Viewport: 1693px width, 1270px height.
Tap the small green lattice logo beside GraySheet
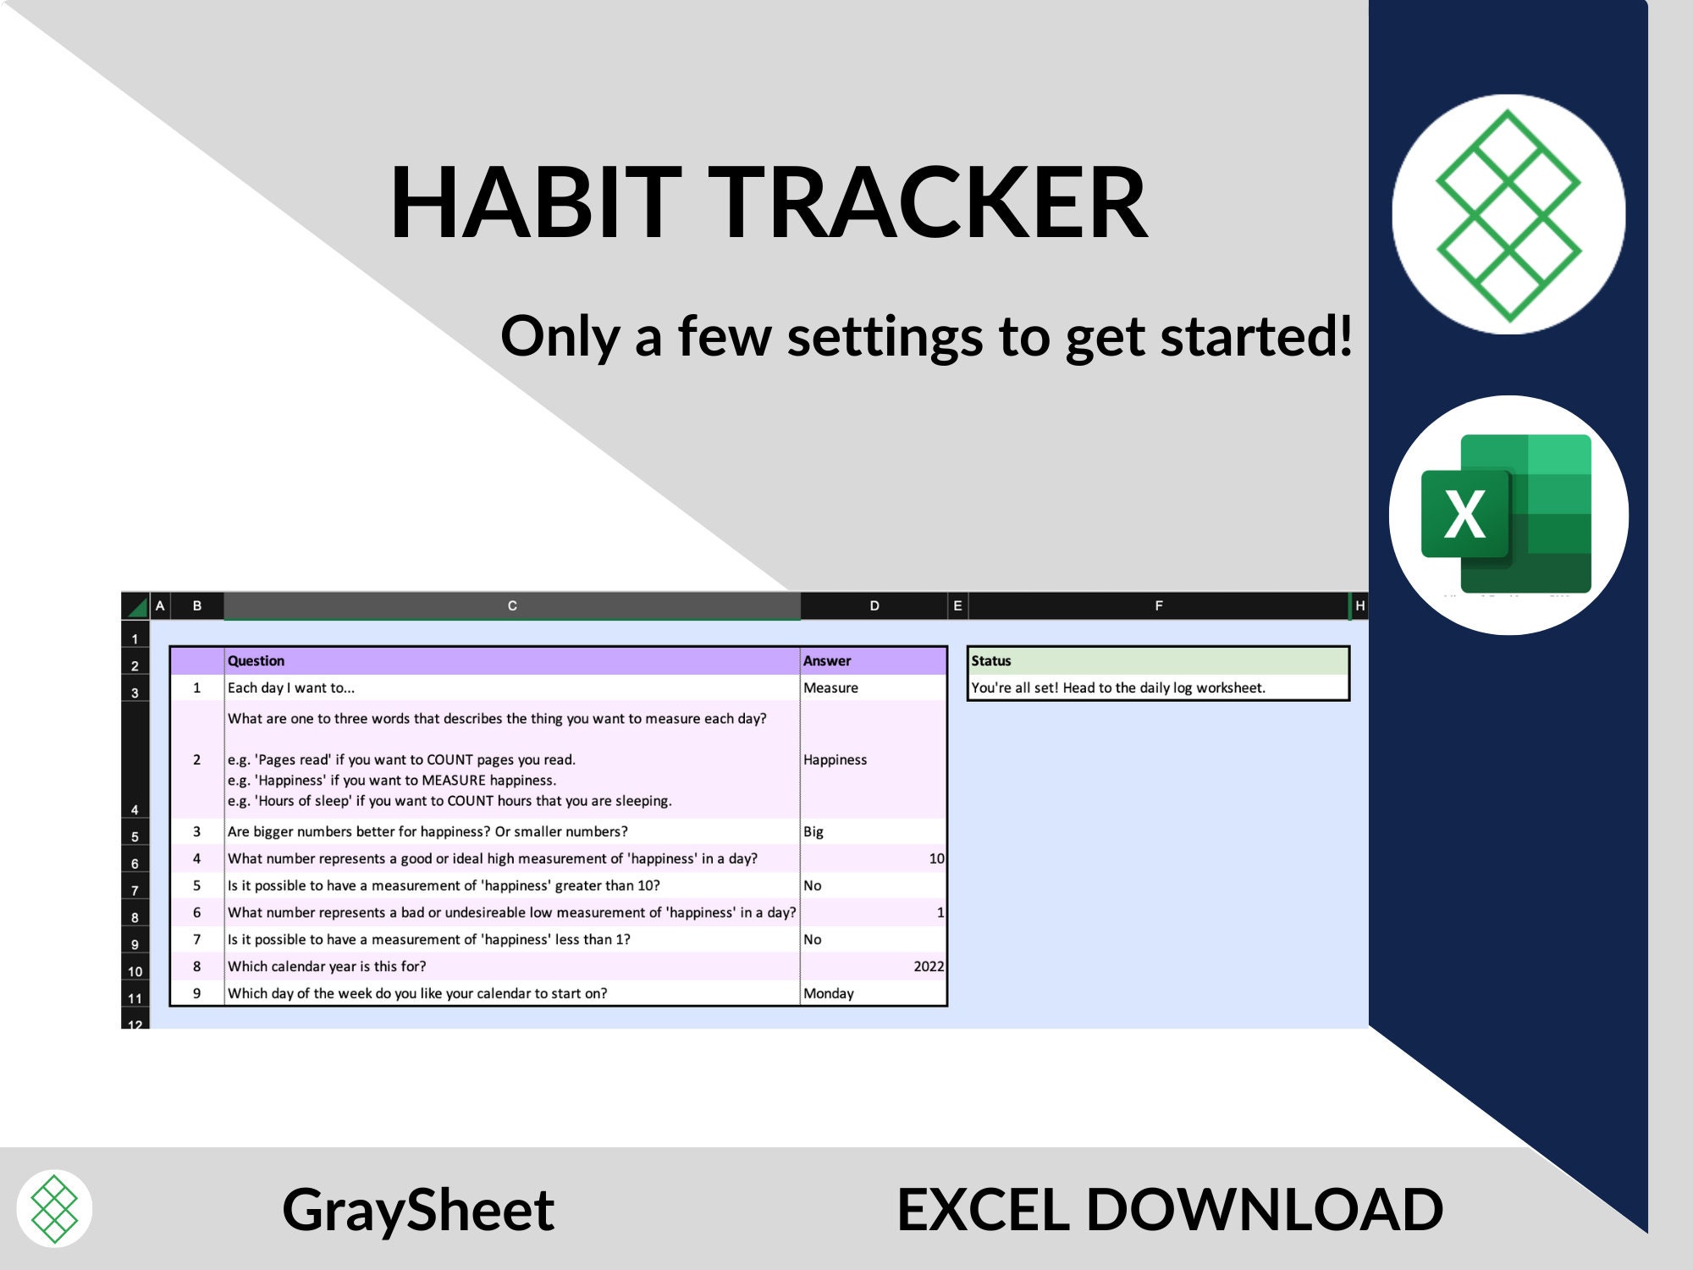54,1208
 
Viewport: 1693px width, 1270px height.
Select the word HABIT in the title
535,203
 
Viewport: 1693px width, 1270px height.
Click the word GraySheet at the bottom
418,1209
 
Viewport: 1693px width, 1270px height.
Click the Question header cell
511,661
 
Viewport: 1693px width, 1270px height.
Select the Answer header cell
873,661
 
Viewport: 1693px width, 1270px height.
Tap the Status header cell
1157,661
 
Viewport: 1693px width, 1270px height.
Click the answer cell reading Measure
873,688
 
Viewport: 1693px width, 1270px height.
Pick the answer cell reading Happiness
873,759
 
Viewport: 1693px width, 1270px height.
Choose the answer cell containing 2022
873,966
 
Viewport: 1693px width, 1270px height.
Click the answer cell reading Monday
873,993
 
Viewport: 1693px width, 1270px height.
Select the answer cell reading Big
873,831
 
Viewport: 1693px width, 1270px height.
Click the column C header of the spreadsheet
511,606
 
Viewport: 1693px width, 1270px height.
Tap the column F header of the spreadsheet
1158,606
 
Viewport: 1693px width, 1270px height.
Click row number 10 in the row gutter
135,971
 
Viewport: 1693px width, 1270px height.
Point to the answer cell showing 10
873,859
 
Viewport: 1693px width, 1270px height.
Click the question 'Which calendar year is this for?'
328,966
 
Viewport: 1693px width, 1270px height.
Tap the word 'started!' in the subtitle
1256,337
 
